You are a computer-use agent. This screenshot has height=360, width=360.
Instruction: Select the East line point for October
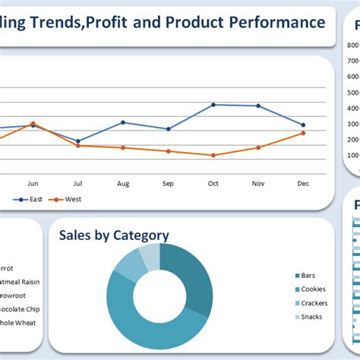point(213,105)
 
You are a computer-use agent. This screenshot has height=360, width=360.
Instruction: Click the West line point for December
point(303,133)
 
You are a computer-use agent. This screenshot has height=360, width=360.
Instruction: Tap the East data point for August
point(123,122)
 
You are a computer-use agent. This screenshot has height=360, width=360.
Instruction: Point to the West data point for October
point(213,155)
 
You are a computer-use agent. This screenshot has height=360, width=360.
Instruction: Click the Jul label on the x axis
point(77,183)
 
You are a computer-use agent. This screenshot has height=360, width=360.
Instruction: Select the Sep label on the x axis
point(168,183)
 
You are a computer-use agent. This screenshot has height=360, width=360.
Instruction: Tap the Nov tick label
point(258,183)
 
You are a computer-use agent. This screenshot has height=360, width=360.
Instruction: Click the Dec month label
point(303,183)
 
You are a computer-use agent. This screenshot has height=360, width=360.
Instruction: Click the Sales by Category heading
point(114,235)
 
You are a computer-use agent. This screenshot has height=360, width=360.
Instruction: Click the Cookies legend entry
point(312,289)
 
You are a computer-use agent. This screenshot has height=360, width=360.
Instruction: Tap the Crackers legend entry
point(313,303)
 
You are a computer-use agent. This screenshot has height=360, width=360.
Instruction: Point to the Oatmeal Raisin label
point(20,282)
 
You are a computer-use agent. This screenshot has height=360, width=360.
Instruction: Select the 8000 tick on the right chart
point(352,45)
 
